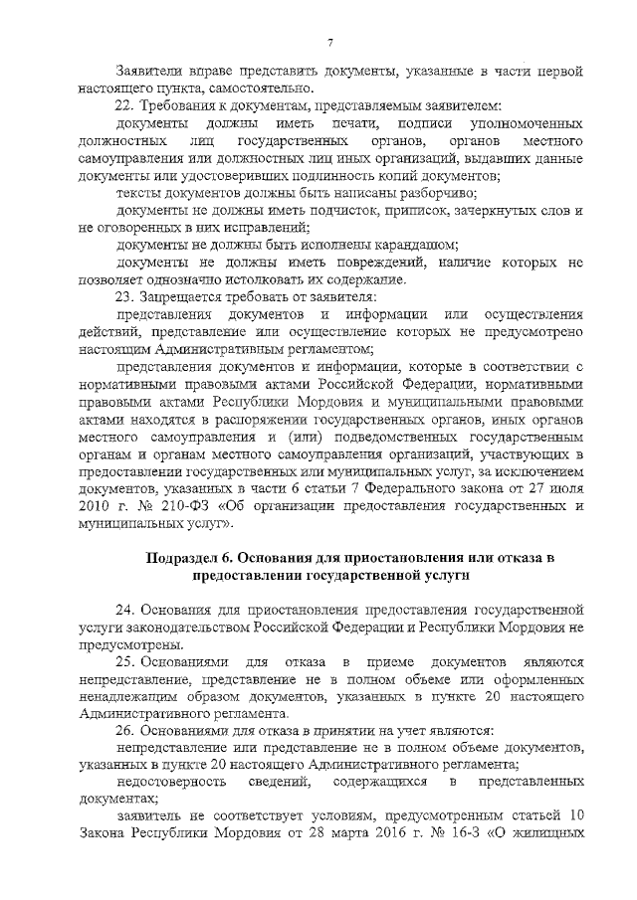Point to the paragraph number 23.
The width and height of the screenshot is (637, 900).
tap(124, 295)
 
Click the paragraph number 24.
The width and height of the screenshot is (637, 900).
tap(124, 609)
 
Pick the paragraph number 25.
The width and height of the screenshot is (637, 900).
tap(124, 661)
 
